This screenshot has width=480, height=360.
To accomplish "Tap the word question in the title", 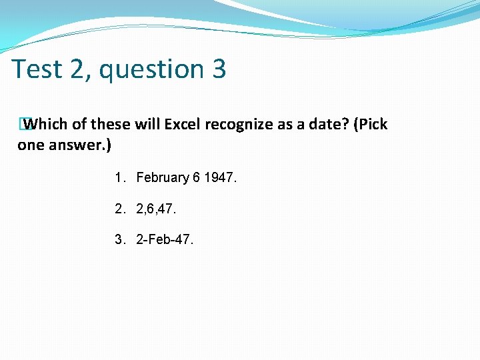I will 158,69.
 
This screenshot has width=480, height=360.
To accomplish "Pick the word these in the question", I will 110,125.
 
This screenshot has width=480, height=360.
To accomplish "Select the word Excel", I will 183,125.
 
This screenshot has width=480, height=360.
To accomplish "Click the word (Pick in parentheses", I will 370,125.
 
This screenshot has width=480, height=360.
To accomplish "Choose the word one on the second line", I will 30,145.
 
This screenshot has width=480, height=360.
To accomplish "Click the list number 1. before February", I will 120,178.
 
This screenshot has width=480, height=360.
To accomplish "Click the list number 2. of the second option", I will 120,209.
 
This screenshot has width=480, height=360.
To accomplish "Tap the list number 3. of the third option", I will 120,240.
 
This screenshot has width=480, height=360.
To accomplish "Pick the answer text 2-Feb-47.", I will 165,240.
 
